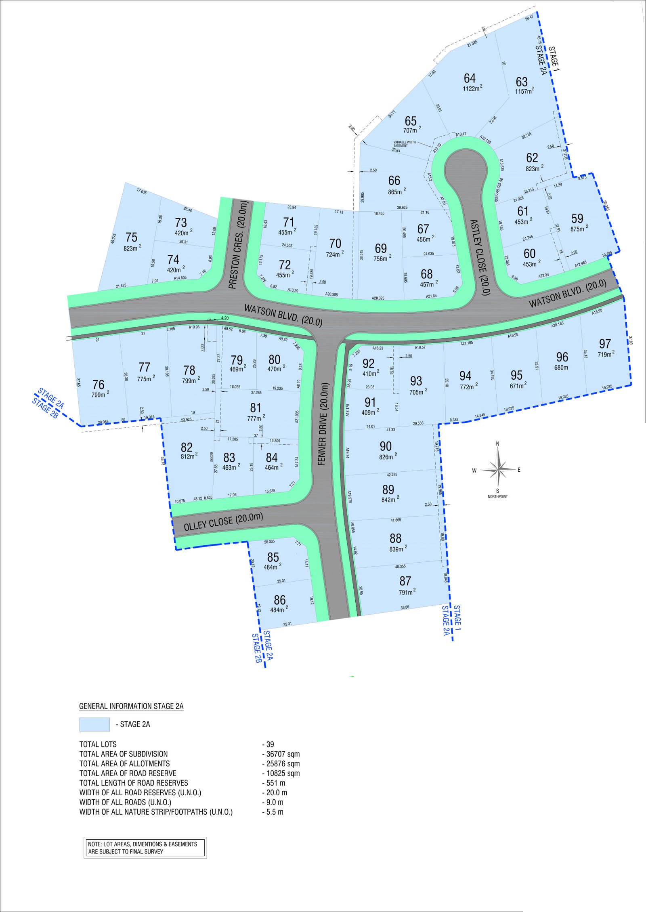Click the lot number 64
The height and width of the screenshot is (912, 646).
[470, 78]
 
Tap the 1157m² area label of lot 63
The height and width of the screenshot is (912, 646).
[524, 91]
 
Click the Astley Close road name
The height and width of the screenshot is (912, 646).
[480, 257]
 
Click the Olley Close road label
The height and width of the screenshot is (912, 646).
[223, 522]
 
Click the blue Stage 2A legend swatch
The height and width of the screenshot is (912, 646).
[94, 724]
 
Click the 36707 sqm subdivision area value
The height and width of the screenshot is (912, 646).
[283, 754]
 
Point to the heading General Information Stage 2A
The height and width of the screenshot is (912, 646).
[131, 706]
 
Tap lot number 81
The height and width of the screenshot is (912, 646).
[256, 408]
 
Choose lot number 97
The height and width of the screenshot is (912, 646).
[605, 344]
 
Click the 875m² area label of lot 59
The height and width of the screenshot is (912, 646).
[579, 229]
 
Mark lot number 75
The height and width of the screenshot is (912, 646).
[131, 237]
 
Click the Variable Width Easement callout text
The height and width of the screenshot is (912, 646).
[404, 144]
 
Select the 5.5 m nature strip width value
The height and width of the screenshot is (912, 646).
[275, 812]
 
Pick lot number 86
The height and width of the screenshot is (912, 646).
[279, 600]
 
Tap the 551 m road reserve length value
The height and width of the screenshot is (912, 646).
[275, 783]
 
